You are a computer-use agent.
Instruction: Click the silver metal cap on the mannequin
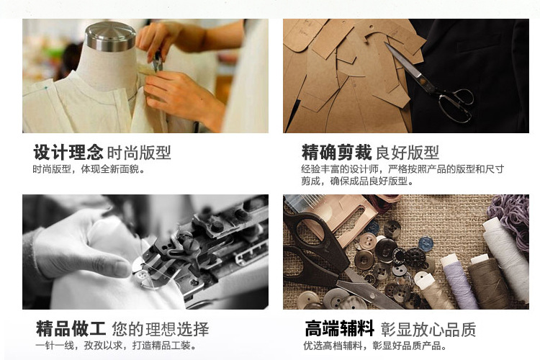pyautogui.click(x=111, y=36)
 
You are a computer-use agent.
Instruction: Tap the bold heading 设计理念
pyautogui.click(x=68, y=152)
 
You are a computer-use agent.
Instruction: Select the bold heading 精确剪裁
pyautogui.click(x=336, y=152)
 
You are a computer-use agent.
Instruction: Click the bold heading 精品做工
pyautogui.click(x=71, y=328)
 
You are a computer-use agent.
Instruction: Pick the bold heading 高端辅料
pyautogui.click(x=340, y=328)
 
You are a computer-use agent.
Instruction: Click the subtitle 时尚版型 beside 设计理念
pyautogui.click(x=139, y=153)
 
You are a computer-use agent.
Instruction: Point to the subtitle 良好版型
pyautogui.click(x=408, y=153)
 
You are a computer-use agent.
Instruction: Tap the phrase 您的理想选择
pyautogui.click(x=161, y=329)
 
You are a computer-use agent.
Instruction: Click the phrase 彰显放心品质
pyautogui.click(x=428, y=329)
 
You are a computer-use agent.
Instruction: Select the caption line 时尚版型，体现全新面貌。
pyautogui.click(x=89, y=169)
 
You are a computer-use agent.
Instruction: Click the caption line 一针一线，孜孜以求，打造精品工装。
pyautogui.click(x=116, y=345)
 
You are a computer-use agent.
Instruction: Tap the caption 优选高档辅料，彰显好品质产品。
pyautogui.click(x=375, y=345)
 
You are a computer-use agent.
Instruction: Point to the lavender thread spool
pyautogui.click(x=459, y=281)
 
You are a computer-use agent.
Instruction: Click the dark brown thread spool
pyautogui.click(x=488, y=282)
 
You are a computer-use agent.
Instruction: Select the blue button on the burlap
pyautogui.click(x=426, y=244)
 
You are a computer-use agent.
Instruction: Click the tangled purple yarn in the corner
pyautogui.click(x=510, y=217)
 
